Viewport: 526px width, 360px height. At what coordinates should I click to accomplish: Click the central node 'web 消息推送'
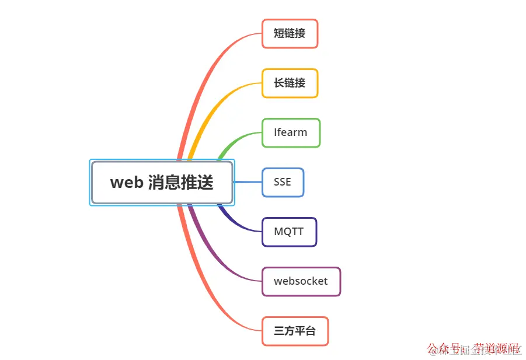[162, 183]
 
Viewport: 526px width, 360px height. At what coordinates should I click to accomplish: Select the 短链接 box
[290, 33]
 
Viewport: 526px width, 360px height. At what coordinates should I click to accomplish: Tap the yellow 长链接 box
[290, 83]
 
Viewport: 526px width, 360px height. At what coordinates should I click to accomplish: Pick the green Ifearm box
[291, 132]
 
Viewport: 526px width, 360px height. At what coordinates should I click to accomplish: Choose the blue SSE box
[283, 182]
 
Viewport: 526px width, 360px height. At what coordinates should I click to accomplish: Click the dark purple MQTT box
[289, 232]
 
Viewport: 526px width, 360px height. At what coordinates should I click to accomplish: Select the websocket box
[301, 281]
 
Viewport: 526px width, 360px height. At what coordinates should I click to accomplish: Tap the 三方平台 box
[295, 331]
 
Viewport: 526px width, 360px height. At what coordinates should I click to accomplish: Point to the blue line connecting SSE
[248, 182]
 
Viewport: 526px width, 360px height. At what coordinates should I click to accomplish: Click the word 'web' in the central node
[127, 183]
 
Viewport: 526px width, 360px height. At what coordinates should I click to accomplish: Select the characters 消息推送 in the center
[180, 183]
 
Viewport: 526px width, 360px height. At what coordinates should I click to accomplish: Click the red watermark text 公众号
[444, 348]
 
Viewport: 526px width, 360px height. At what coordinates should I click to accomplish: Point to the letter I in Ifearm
[276, 132]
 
